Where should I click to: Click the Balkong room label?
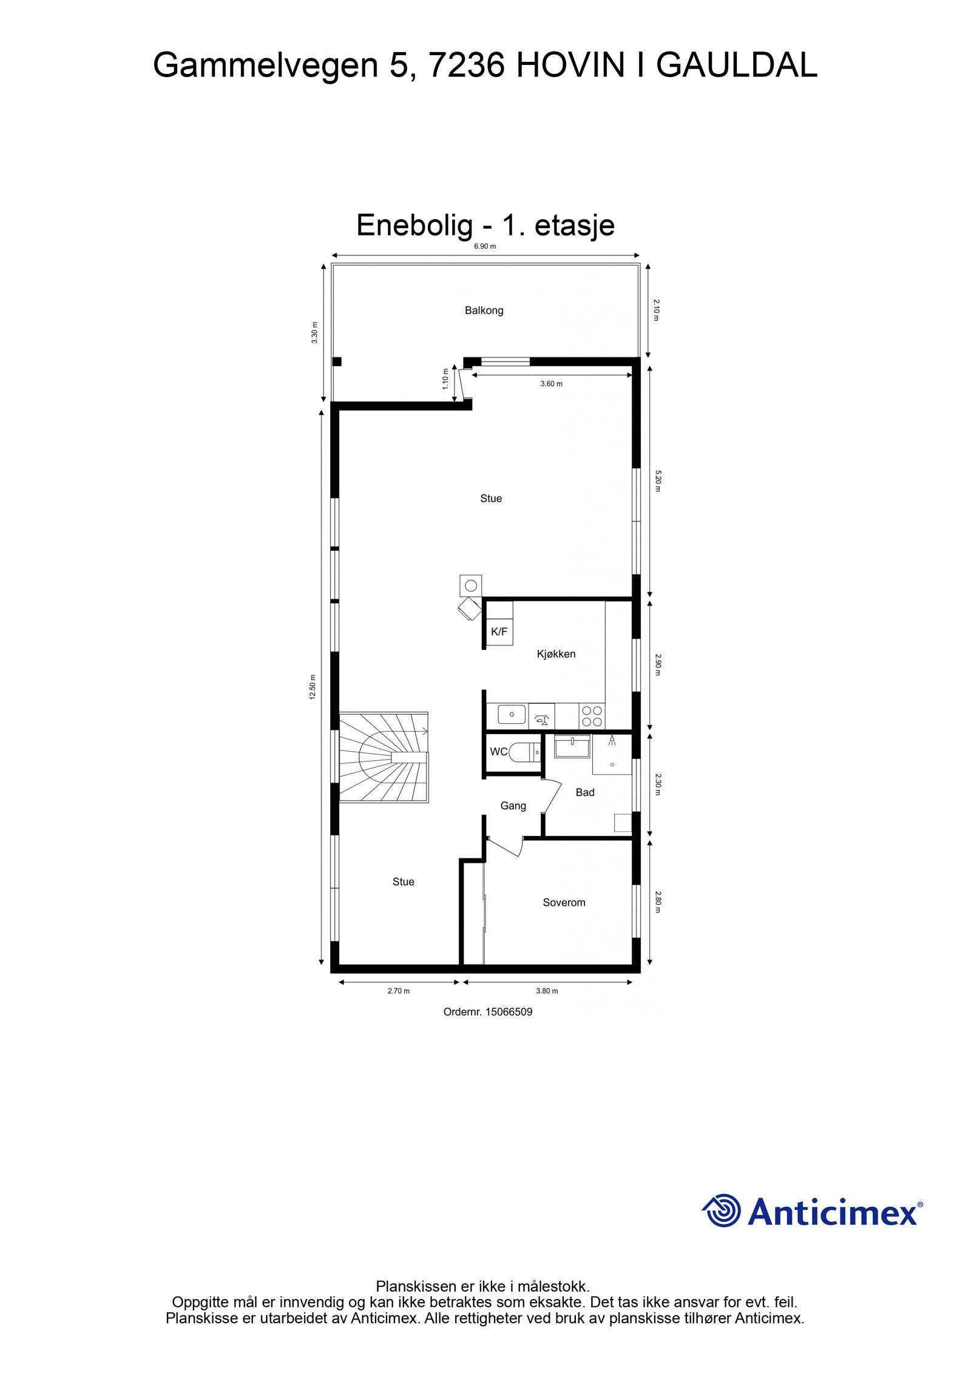click(484, 311)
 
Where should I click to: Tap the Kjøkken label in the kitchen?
click(556, 654)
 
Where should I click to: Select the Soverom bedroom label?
click(564, 903)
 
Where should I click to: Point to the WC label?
click(498, 752)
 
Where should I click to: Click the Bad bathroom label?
click(585, 792)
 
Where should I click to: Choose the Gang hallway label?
click(513, 806)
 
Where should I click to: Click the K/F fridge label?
click(499, 632)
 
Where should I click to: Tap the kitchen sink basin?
click(512, 714)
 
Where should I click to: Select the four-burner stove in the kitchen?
click(591, 716)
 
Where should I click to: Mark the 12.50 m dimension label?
click(313, 687)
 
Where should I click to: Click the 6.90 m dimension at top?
click(484, 246)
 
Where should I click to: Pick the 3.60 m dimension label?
click(551, 384)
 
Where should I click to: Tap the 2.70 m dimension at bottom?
click(398, 991)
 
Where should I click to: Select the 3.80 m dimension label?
click(547, 991)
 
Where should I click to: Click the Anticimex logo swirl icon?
click(722, 1210)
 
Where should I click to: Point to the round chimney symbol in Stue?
click(470, 586)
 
